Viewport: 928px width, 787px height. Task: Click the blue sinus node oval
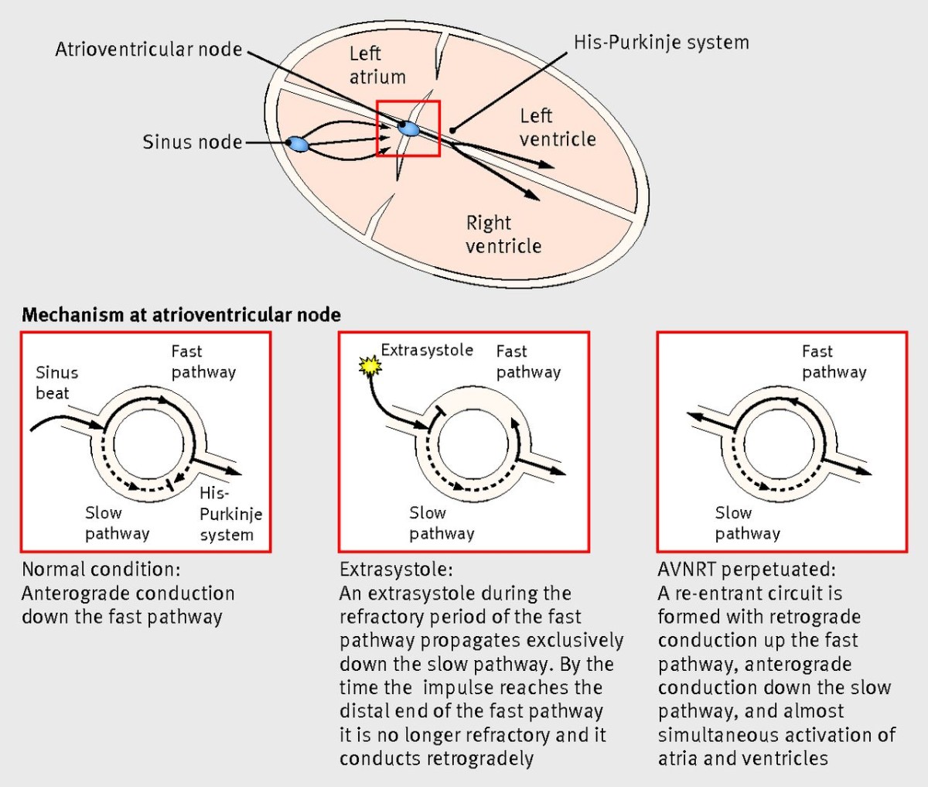point(298,144)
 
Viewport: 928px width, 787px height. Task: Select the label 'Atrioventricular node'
point(148,50)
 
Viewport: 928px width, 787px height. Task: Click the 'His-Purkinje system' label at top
point(661,42)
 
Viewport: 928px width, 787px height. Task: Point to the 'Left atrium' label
point(377,65)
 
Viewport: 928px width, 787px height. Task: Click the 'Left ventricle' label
point(558,128)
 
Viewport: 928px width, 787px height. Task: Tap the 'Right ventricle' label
point(503,234)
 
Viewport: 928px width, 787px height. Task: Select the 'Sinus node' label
point(192,142)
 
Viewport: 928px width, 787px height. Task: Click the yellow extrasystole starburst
point(370,366)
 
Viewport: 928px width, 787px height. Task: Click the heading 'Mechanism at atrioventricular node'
point(181,315)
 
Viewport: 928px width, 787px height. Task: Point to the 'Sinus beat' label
point(56,383)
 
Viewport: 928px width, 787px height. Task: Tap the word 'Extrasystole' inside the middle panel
point(427,350)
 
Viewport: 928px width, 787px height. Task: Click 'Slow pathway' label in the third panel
point(747,523)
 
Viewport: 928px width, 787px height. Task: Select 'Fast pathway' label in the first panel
point(203,362)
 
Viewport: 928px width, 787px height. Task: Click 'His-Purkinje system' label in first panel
point(230,514)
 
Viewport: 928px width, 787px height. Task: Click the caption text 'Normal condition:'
point(101,570)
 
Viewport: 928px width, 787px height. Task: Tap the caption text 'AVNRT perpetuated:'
point(746,570)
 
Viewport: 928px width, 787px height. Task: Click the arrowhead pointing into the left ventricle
point(548,164)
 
